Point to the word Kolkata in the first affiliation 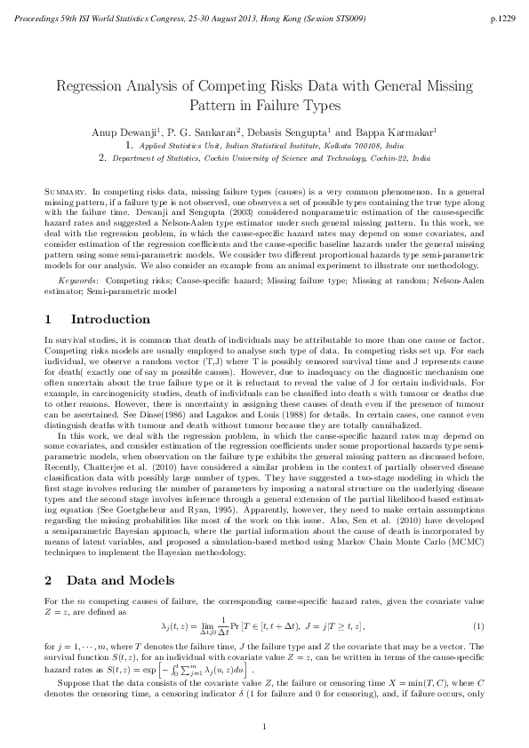(x=325, y=143)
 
